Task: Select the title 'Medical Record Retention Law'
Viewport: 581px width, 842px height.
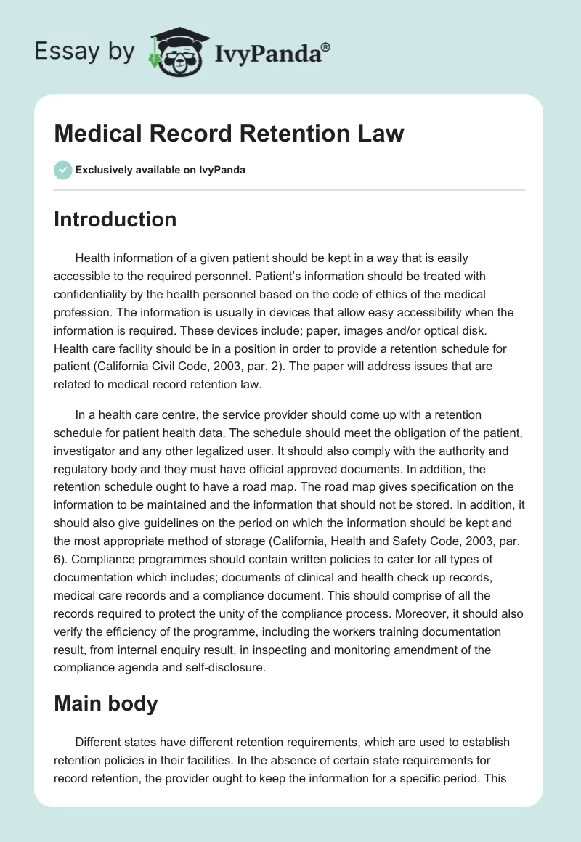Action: [229, 134]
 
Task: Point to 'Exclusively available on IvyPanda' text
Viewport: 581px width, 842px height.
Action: [160, 170]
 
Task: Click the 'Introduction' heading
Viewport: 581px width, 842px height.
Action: [115, 219]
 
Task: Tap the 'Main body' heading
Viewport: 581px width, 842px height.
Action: [105, 704]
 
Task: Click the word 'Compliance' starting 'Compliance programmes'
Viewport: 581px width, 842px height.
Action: [118, 562]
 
